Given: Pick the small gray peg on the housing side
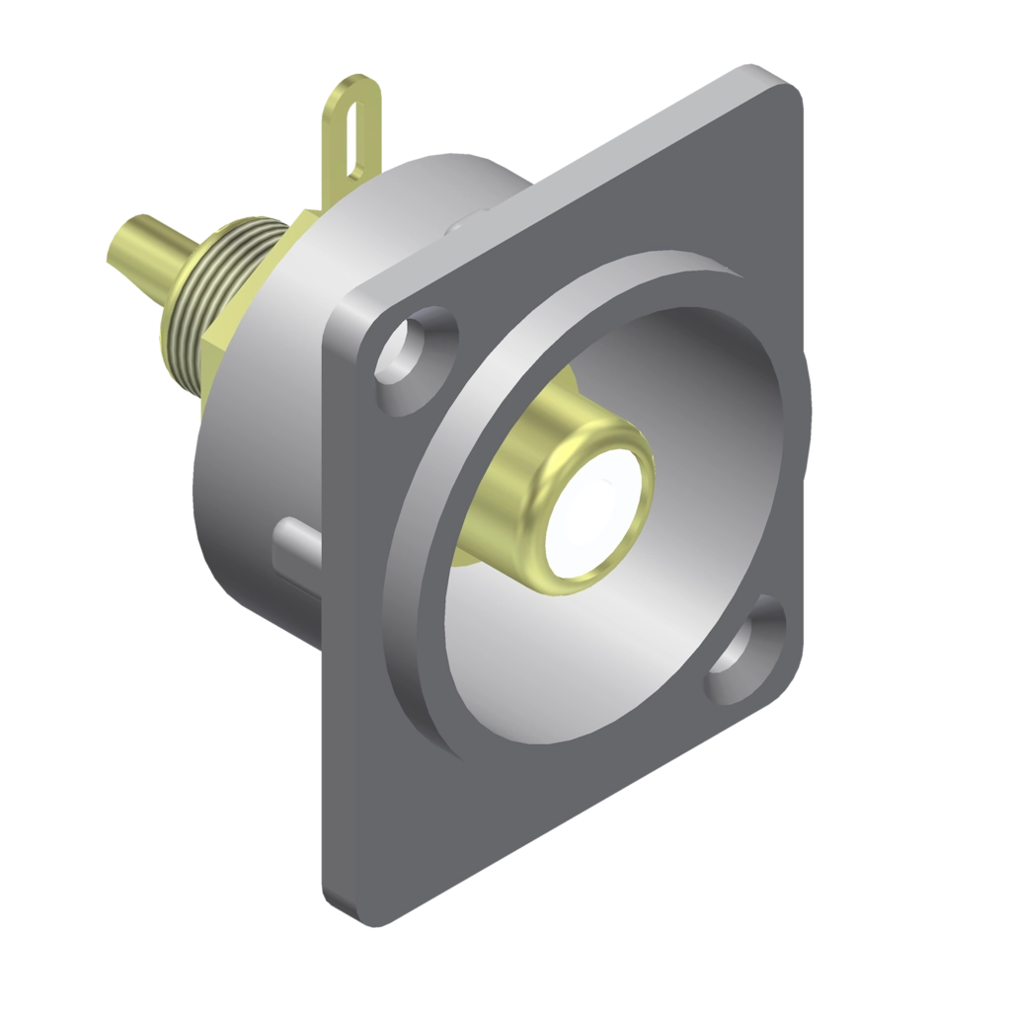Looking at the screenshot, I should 292,538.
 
